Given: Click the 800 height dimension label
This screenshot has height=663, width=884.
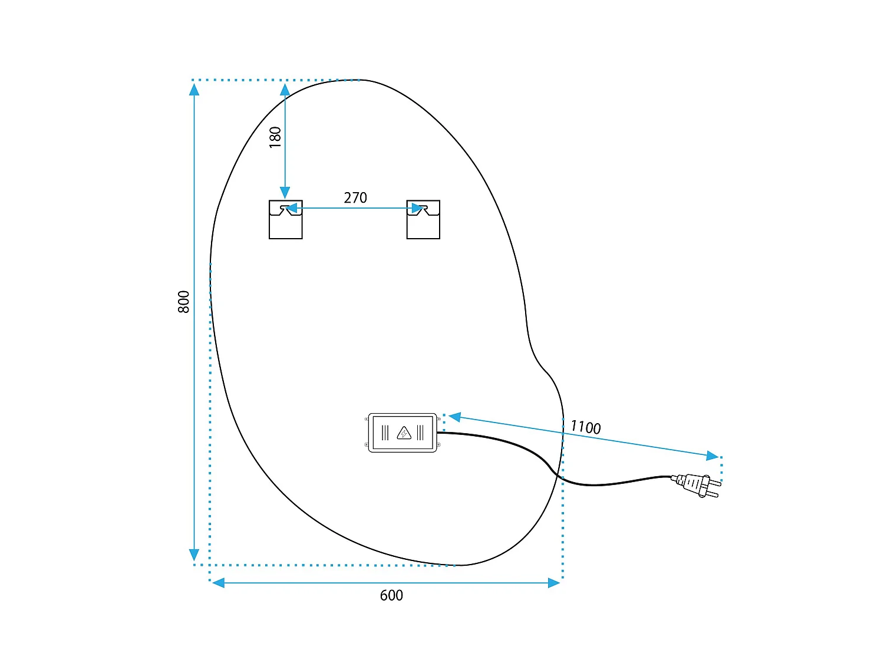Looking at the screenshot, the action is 184,302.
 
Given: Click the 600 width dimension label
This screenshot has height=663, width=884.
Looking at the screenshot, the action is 391,595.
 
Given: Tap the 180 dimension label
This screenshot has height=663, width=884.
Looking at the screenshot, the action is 275,137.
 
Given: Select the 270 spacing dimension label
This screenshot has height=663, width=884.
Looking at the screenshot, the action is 355,197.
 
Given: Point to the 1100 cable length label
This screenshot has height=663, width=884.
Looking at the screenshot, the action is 585,427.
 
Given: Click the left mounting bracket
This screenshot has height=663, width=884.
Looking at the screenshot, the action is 286,219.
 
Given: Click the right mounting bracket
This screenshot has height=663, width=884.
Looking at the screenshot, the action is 423,219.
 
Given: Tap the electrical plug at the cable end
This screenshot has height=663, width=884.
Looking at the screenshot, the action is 696,485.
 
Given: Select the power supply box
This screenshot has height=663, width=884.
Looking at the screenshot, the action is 403,433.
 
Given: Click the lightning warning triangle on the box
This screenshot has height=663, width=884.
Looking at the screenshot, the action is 404,433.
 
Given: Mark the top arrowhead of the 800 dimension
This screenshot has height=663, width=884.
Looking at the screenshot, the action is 194,90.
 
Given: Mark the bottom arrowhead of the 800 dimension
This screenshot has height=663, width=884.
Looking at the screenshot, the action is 194,555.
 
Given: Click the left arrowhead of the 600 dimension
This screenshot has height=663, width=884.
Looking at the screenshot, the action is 218,582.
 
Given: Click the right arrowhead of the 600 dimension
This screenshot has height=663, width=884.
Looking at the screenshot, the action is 554,582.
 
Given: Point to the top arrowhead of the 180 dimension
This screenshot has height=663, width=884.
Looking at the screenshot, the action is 285,90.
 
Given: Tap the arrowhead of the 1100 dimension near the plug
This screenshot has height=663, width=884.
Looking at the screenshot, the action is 713,456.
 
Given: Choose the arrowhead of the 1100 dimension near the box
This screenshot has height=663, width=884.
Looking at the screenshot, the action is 455,417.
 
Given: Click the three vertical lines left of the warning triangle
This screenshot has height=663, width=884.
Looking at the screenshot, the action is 385,433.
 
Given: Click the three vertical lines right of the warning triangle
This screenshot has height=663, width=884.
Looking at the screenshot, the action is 420,433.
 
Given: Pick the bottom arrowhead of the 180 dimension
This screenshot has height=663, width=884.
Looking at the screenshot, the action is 285,193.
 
